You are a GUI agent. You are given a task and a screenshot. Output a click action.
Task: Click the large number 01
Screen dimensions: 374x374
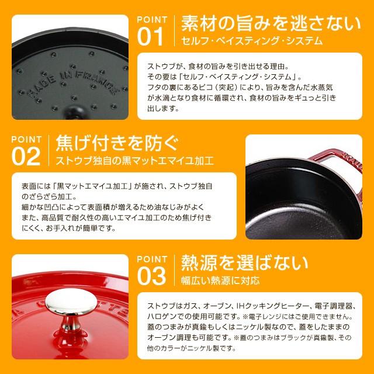point(150,36)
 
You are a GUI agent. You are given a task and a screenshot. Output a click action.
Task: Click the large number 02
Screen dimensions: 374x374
point(26,156)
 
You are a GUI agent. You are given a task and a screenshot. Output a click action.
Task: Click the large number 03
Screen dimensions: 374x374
point(151,276)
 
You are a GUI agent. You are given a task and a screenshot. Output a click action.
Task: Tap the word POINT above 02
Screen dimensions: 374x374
point(26,139)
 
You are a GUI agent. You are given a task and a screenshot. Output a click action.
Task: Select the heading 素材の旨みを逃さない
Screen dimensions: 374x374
point(271,23)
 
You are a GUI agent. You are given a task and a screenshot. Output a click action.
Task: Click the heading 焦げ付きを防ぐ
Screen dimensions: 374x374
point(117,143)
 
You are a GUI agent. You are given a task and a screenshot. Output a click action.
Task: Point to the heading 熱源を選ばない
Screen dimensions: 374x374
point(245,263)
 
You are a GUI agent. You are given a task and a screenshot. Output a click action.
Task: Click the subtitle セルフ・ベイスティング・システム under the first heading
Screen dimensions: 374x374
point(252,41)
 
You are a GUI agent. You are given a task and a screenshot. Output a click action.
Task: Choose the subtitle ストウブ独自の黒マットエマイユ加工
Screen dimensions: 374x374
point(134,161)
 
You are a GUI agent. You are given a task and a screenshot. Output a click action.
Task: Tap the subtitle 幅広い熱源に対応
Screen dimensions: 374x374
point(220,280)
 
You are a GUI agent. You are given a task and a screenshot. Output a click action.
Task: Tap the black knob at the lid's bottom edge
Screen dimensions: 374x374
point(75,113)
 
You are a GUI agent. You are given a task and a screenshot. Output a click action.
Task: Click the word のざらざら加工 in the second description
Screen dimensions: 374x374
point(49,196)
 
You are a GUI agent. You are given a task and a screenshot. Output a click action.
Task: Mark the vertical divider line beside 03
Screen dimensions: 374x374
point(174,270)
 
